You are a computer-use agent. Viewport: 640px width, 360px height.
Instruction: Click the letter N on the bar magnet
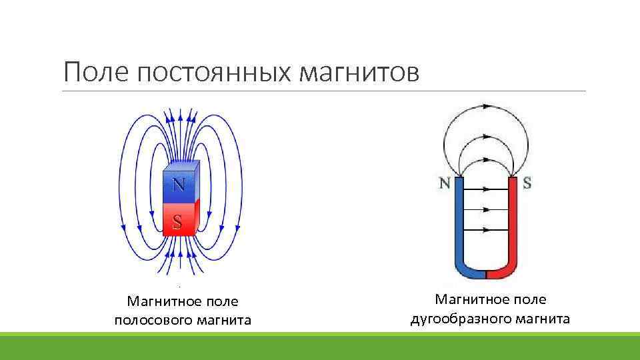click(x=179, y=185)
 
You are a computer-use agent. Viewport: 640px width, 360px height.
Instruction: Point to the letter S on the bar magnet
click(x=177, y=221)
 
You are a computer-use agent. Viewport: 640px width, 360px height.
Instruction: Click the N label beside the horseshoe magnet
click(x=445, y=183)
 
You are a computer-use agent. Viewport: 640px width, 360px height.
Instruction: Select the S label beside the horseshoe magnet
click(x=527, y=183)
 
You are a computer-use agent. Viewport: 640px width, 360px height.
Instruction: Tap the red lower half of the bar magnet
click(x=178, y=220)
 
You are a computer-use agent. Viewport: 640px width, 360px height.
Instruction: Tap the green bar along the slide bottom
click(x=320, y=346)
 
